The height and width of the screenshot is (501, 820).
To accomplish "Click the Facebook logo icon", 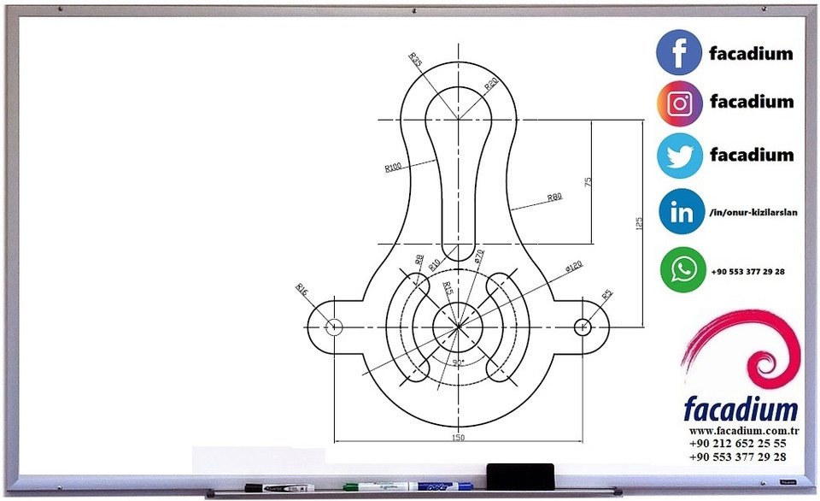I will click(x=679, y=52).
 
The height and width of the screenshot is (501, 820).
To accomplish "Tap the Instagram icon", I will click(x=679, y=104).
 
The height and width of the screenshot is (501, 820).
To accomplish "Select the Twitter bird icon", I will click(x=679, y=156).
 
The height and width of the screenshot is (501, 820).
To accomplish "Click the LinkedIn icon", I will click(x=682, y=212).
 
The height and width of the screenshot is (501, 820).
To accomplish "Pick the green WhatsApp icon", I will click(x=683, y=270).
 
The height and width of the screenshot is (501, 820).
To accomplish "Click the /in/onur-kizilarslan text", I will click(x=753, y=213).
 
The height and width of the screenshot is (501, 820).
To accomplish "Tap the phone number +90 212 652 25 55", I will click(x=737, y=444).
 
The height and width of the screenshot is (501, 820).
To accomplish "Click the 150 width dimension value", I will click(x=458, y=437).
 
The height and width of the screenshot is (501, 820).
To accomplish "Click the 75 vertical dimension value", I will click(x=589, y=182).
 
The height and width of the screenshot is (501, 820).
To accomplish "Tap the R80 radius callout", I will click(x=554, y=197).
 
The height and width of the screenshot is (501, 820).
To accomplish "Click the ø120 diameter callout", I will click(x=573, y=268).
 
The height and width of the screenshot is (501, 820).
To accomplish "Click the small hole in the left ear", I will click(x=334, y=326).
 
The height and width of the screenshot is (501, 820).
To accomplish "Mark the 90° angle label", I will click(x=458, y=362).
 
